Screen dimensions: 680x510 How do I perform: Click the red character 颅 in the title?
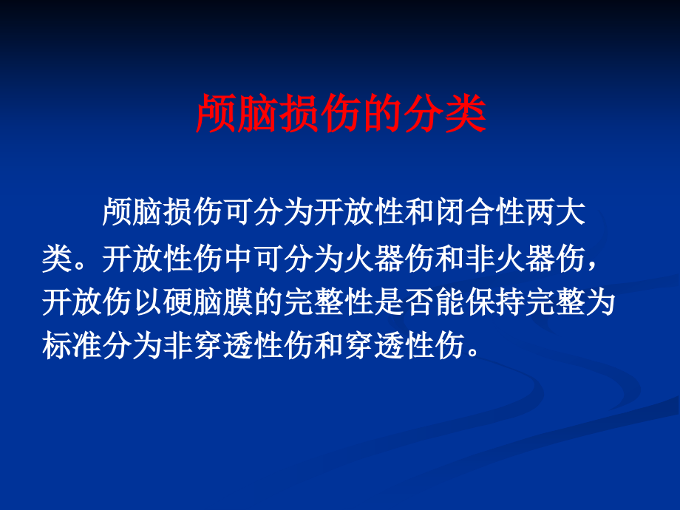coord(216,114)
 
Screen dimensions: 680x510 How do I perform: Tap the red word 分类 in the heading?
coord(444,114)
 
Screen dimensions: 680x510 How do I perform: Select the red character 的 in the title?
coord(384,114)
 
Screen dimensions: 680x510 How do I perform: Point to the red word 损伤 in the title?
coord(321,114)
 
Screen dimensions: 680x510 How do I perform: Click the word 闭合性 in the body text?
coord(480,212)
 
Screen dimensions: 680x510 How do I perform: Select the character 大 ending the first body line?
coord(571,212)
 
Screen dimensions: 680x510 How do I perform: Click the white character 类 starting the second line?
coord(57,259)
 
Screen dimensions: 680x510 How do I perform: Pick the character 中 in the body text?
coord(239,259)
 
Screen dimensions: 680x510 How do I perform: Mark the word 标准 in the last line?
coord(72,346)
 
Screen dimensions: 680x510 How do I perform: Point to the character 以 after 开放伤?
coord(149,302)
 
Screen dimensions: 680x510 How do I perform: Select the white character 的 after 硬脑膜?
coord(269,302)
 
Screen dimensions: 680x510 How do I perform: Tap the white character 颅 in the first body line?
coord(118,212)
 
